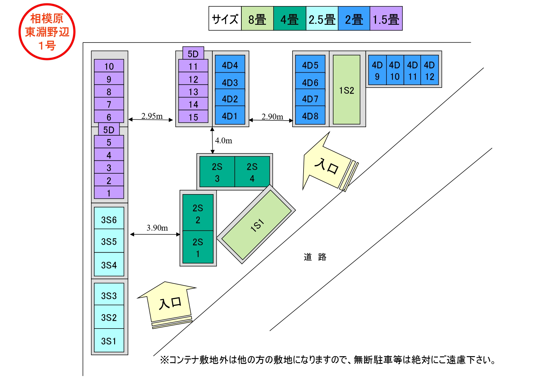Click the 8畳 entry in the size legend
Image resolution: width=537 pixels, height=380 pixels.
tap(257, 19)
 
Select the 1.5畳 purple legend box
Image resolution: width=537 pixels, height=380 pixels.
tap(386, 19)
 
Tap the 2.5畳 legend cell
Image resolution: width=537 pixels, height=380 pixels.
tap(322, 19)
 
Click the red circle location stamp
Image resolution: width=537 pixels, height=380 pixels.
tap(47, 32)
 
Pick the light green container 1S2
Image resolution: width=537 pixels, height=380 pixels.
tap(346, 90)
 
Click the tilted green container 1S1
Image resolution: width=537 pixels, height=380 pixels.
tap(256, 225)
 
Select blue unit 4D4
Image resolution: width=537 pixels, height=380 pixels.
tap(230, 64)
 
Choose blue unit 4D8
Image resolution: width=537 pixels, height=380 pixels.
tap(310, 115)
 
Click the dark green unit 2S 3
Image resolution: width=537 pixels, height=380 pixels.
tap(217, 172)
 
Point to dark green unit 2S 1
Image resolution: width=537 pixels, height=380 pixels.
tap(198, 247)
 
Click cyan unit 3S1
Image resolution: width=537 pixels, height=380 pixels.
tap(109, 340)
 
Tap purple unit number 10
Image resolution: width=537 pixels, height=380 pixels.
tap(109, 66)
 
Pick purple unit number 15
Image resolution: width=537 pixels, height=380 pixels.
tap(193, 117)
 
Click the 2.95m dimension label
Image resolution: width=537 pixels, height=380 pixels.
tap(152, 116)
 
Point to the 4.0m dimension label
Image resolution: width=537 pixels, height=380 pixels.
tap(224, 141)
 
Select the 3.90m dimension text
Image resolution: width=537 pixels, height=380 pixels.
tap(157, 228)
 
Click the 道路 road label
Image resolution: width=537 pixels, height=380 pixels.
tap(315, 257)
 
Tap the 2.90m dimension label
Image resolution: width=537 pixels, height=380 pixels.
tap(272, 116)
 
